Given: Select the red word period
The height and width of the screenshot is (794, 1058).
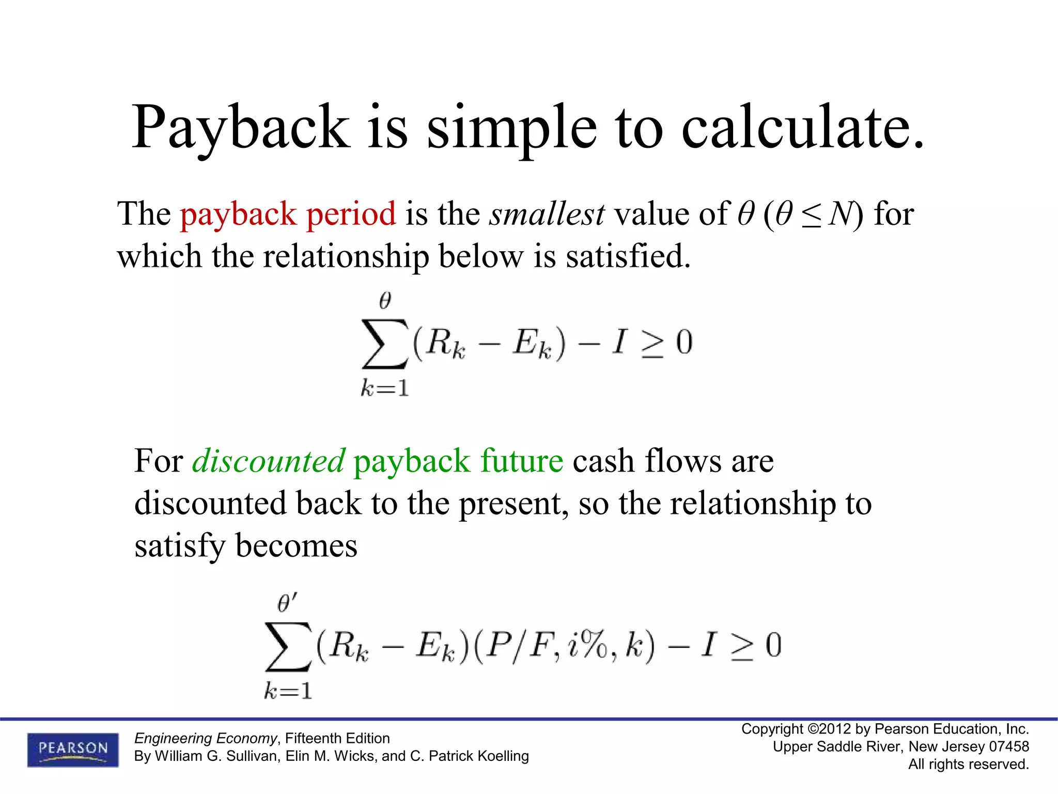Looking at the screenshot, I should pyautogui.click(x=351, y=215).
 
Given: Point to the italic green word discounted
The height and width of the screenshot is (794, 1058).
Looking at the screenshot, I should pyautogui.click(x=268, y=461).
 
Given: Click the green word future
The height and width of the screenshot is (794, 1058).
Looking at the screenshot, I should pyautogui.click(x=521, y=461).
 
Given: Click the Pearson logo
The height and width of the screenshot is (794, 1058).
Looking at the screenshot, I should pyautogui.click(x=73, y=750).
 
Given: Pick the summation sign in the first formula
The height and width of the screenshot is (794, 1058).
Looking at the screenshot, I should pyautogui.click(x=384, y=343).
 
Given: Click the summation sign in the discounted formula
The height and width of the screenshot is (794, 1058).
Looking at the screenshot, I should pyautogui.click(x=288, y=647).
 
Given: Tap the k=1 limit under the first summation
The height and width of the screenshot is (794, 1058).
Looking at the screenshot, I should pyautogui.click(x=385, y=388).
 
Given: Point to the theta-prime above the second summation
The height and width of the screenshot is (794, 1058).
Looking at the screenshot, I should pyautogui.click(x=287, y=603).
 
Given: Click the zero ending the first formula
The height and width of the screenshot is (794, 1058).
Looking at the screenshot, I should pyautogui.click(x=684, y=342).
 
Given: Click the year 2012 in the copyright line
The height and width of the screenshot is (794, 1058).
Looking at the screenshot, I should pyautogui.click(x=835, y=729).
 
